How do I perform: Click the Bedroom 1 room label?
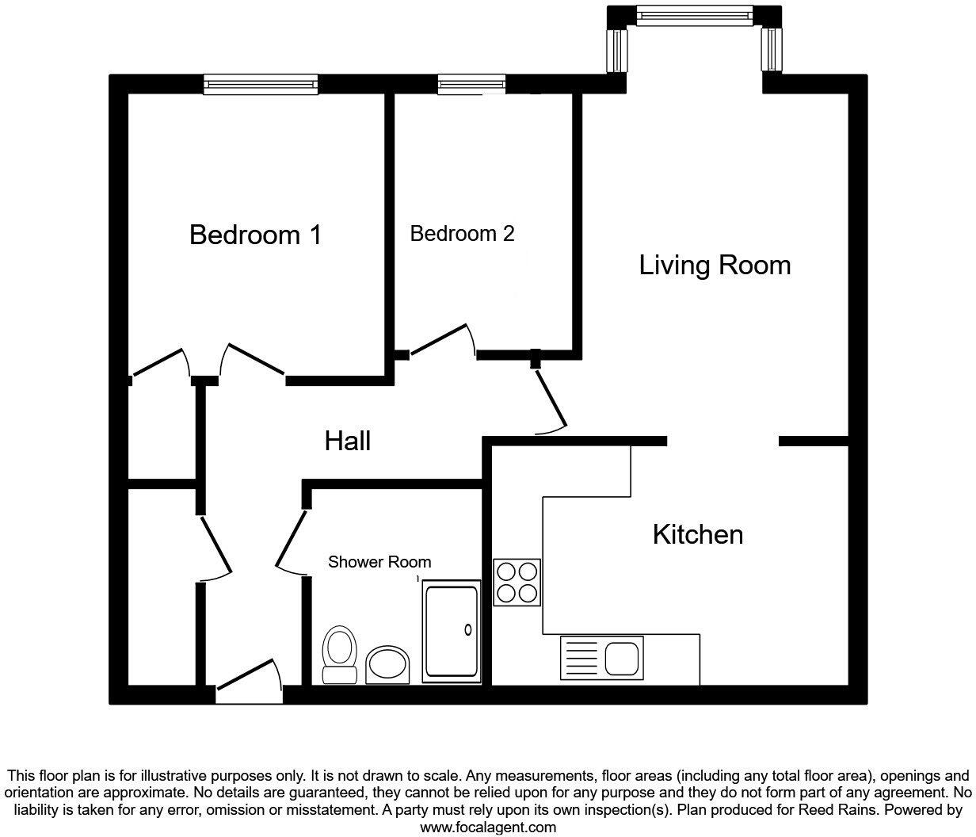(x=255, y=235)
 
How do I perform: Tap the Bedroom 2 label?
(x=462, y=234)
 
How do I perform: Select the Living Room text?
(x=715, y=265)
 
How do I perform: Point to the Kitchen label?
(x=697, y=534)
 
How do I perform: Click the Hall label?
(x=348, y=441)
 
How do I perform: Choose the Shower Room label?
(x=379, y=562)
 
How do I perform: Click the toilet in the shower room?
(x=339, y=654)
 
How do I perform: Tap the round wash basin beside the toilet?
(x=389, y=663)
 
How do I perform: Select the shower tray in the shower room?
(x=452, y=630)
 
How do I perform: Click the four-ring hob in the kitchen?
(x=517, y=583)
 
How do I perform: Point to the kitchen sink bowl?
(x=621, y=657)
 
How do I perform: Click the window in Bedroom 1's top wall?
(x=261, y=84)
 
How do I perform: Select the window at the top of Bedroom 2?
(x=471, y=84)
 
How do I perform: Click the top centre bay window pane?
(x=694, y=15)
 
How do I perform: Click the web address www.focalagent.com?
(x=487, y=827)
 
